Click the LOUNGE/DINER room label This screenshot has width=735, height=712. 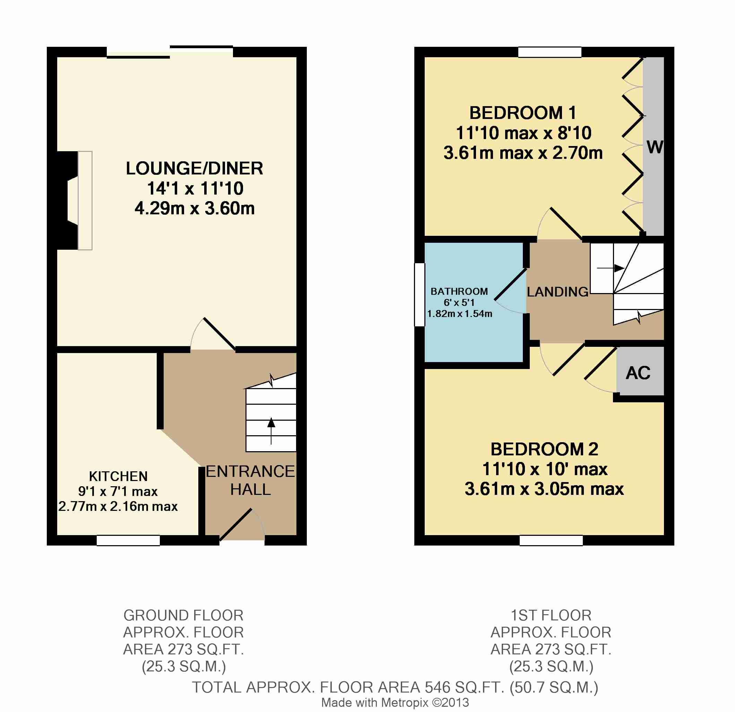click(194, 169)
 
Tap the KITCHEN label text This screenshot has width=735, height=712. click(118, 477)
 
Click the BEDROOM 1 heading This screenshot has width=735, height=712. click(522, 113)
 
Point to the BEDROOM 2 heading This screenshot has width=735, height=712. click(544, 449)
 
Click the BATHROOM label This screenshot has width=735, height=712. click(459, 291)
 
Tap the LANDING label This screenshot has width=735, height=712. click(557, 292)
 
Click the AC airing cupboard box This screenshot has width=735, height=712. click(640, 371)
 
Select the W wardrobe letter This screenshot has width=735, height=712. click(655, 147)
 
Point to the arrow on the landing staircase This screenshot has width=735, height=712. click(611, 268)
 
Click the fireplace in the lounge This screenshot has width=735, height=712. click(75, 201)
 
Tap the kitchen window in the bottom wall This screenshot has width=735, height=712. click(128, 540)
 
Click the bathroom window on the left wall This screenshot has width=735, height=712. click(420, 294)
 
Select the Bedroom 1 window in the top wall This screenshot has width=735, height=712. click(550, 52)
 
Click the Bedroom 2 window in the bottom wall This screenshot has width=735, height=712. click(551, 540)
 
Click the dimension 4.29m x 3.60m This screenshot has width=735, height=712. click(194, 208)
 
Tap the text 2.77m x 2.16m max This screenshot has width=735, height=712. click(118, 506)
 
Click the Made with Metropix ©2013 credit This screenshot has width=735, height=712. click(395, 702)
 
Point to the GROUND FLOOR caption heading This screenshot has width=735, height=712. click(183, 615)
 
